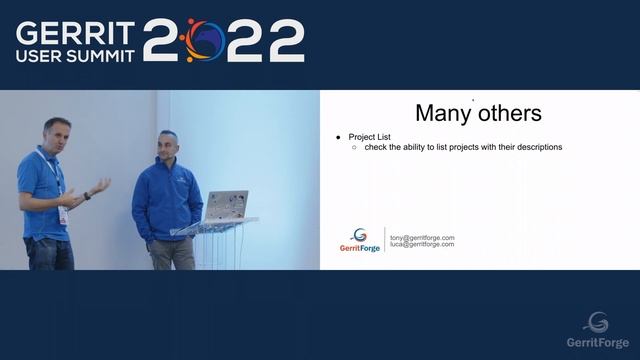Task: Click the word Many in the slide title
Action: [x=443, y=112]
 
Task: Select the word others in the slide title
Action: [x=508, y=112]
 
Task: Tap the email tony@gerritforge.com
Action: [x=422, y=237]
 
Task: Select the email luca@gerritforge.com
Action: [x=422, y=244]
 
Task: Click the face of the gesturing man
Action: [x=54, y=133]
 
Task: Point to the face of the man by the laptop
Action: [x=167, y=145]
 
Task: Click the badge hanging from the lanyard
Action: [x=63, y=214]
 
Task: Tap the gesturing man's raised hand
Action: [x=101, y=186]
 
